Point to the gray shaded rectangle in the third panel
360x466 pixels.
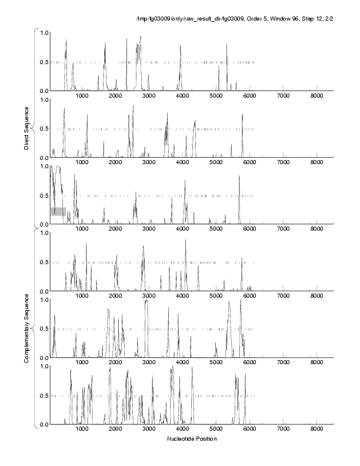[58, 211]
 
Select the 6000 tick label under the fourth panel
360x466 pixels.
[249, 296]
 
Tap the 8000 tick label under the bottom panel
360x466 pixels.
[316, 430]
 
